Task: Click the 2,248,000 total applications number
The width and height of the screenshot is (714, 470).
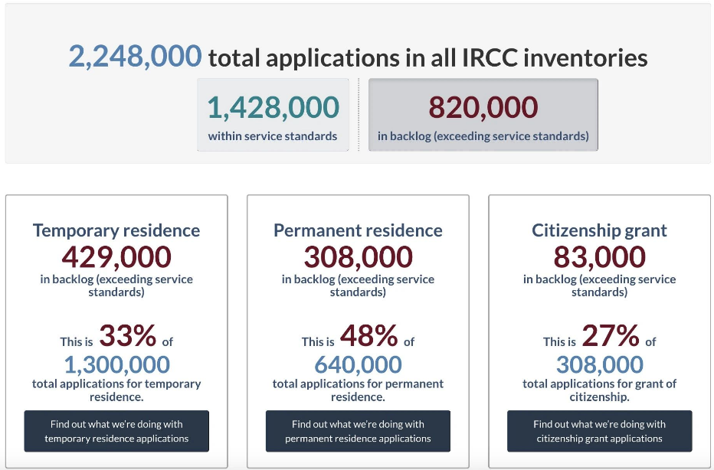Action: click(x=135, y=57)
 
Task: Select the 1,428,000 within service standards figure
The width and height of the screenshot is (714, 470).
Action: click(x=273, y=107)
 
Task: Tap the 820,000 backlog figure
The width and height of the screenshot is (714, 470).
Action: click(x=483, y=107)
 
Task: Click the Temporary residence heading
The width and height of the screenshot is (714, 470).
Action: click(x=116, y=230)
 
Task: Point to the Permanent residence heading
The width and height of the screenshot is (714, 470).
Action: click(x=358, y=230)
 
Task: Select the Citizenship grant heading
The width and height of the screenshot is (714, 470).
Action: click(x=599, y=230)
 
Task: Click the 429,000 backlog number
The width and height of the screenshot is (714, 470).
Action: click(x=116, y=256)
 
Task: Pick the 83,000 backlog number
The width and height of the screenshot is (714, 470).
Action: click(x=599, y=256)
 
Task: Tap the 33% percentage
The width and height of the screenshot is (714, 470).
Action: click(x=127, y=335)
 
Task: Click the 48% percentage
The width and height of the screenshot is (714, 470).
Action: click(x=368, y=335)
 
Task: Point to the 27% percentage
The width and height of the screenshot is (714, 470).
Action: click(x=610, y=335)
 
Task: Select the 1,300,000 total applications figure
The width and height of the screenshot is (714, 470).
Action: click(x=116, y=364)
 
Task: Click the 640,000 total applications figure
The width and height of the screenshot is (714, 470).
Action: click(x=358, y=364)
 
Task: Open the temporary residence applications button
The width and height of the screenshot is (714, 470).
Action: click(x=116, y=431)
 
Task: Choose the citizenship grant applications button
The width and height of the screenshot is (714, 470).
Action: click(x=600, y=431)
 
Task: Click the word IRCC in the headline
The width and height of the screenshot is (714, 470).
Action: click(x=490, y=57)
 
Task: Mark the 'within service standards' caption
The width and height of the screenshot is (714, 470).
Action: click(x=273, y=136)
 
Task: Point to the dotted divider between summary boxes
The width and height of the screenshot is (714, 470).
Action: click(x=359, y=114)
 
